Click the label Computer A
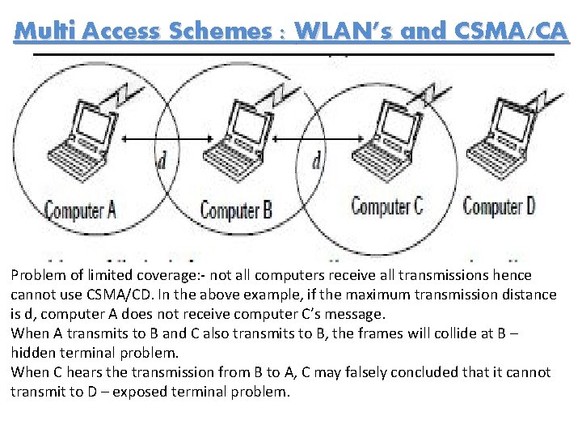coord(80,211)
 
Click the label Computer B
coord(236,211)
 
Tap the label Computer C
coord(387,206)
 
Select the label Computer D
coord(500,206)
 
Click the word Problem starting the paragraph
coord(38,275)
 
